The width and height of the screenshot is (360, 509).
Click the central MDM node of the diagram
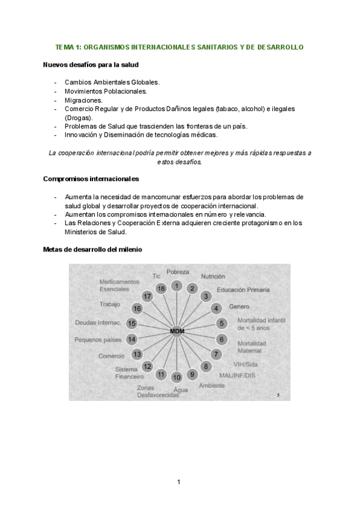(x=176, y=331)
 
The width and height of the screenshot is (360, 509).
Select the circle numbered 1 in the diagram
(x=176, y=286)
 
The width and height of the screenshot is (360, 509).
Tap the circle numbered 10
(x=176, y=377)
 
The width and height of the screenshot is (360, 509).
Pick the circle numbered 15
(x=132, y=324)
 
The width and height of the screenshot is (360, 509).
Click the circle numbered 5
(x=221, y=324)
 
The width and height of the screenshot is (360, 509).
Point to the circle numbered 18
(x=161, y=288)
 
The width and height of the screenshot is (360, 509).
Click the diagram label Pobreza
(x=178, y=272)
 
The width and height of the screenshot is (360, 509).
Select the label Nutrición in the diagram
(x=212, y=277)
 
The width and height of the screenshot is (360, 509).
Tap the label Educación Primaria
(x=243, y=290)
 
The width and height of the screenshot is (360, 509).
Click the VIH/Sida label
(x=246, y=364)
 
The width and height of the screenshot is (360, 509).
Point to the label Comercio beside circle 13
(x=111, y=356)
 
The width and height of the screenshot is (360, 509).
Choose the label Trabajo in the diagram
(x=110, y=304)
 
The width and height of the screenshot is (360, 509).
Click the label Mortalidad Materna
(x=251, y=346)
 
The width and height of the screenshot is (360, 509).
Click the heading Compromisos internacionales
(x=91, y=179)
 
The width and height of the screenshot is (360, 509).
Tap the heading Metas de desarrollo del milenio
(x=93, y=249)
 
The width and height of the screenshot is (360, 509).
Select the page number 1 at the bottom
(x=179, y=481)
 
